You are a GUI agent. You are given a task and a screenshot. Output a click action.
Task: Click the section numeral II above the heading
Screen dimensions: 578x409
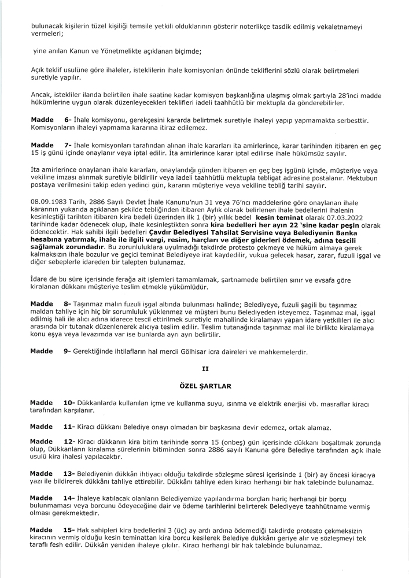[205, 368]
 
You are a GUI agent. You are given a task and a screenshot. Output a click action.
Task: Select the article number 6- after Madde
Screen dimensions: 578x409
[68, 119]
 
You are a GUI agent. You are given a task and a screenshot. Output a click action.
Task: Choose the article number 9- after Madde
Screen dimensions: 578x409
[68, 351]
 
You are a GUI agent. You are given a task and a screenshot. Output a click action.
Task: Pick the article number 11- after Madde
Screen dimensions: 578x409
[69, 428]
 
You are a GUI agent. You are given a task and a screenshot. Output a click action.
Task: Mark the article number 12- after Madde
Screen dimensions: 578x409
[69, 442]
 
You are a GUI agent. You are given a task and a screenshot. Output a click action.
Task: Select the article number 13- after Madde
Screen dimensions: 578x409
[69, 473]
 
